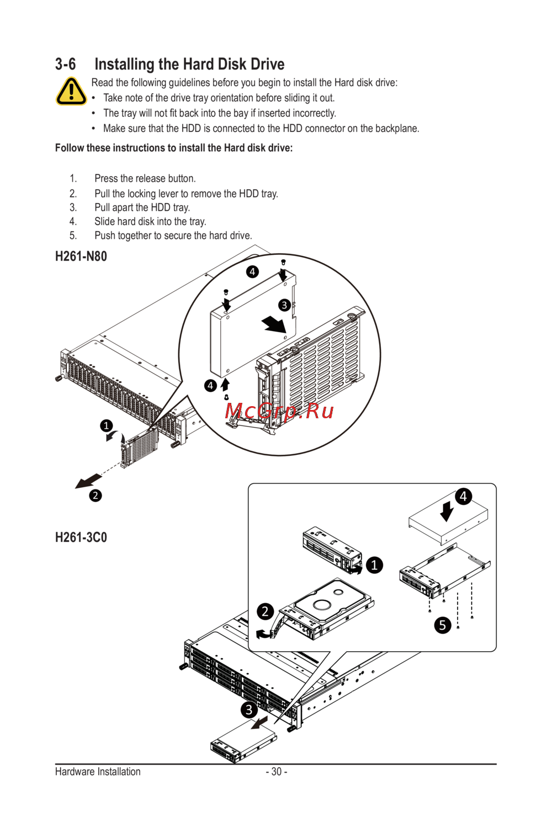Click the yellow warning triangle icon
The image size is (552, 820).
(71, 91)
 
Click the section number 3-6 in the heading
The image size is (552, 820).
(66, 65)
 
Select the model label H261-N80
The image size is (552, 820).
(81, 256)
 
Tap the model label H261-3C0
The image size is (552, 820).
(81, 537)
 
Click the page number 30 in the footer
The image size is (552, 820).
(277, 771)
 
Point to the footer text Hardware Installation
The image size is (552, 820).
(98, 771)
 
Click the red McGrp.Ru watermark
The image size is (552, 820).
(279, 411)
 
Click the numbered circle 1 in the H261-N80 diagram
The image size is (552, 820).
(107, 426)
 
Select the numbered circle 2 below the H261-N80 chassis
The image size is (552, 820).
(95, 496)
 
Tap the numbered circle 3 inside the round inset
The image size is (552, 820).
(285, 305)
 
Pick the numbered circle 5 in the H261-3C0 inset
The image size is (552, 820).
(443, 625)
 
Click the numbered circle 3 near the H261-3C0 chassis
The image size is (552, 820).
(249, 710)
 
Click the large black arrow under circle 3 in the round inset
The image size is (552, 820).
(274, 324)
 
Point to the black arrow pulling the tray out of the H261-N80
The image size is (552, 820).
(88, 481)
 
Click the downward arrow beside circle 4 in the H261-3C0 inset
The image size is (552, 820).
(447, 510)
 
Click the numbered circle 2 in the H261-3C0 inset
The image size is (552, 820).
(265, 611)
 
